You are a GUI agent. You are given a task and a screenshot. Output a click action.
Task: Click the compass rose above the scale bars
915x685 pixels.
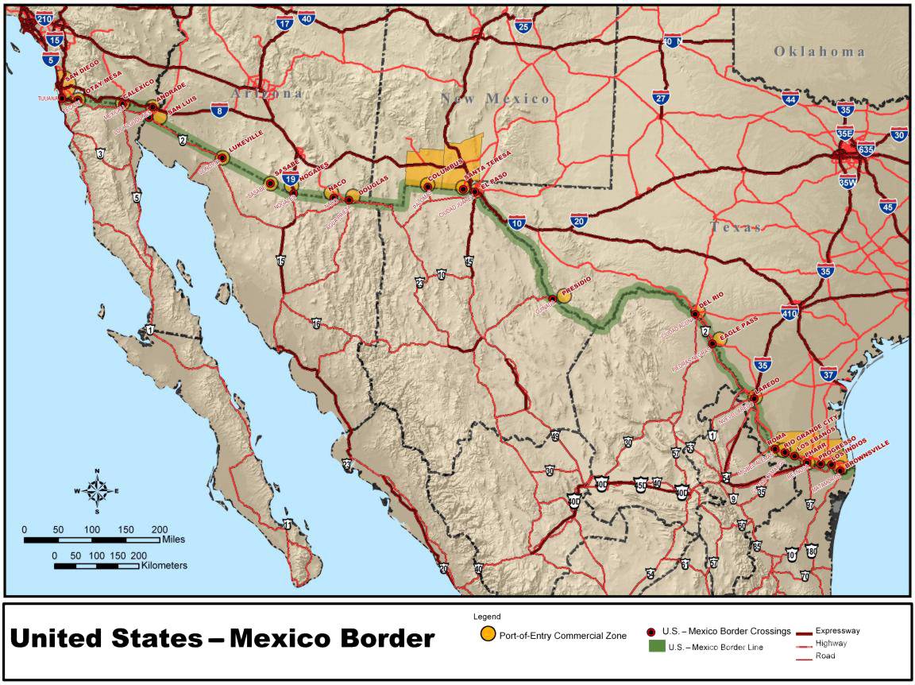pos(97,490)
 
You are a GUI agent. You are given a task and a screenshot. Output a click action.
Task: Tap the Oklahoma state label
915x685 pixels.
pos(820,52)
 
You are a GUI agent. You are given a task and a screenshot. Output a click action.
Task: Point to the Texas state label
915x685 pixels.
pos(735,227)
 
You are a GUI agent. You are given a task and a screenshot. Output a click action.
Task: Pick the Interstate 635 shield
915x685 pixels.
pos(866,149)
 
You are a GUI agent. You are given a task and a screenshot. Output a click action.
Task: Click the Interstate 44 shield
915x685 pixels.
pos(790,99)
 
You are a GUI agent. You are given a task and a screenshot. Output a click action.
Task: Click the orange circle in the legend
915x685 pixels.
pos(488,634)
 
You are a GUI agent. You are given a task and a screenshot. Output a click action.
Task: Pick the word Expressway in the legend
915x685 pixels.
pos(837,631)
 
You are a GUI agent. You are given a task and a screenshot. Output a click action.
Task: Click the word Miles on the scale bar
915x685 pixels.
pos(172,539)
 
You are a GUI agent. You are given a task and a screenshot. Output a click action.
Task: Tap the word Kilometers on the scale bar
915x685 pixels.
pos(165,565)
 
